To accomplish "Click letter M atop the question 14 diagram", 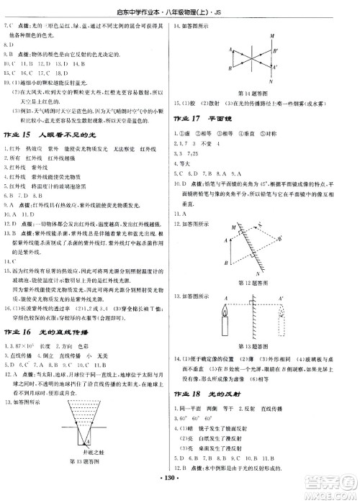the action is click(270, 36).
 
